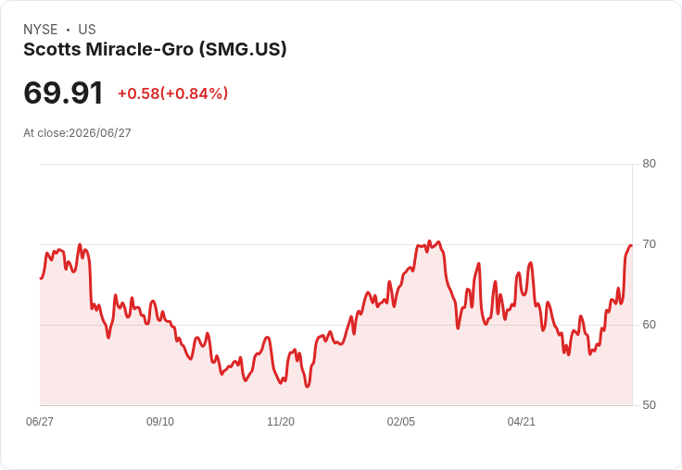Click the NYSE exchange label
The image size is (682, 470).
point(41,30)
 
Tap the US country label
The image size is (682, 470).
point(87,30)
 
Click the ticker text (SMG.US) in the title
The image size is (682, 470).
point(243,50)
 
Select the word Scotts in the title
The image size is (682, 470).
point(52,50)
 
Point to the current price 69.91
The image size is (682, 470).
point(63,93)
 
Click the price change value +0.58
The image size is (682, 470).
point(139,93)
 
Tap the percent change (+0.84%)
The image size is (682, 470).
point(194,93)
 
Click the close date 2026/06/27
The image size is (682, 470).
point(99,133)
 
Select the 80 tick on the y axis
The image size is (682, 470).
point(649,164)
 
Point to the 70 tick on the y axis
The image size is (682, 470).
point(649,244)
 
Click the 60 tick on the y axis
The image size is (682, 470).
point(649,325)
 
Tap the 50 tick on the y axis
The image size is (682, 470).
point(649,405)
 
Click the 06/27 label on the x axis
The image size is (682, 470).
point(40,422)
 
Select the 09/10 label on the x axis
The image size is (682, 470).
point(160,422)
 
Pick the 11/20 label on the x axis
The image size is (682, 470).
point(281,422)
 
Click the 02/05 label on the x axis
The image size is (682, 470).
point(401,422)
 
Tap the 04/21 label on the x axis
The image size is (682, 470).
point(521,422)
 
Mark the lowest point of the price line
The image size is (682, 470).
point(307,387)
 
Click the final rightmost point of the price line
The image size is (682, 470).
point(632,245)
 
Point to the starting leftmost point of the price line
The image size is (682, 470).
point(41,278)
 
